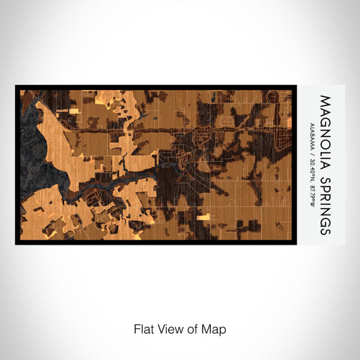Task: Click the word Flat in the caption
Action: [x=144, y=328]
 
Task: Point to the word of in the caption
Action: [x=195, y=328]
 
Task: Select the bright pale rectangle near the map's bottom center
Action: [x=204, y=217]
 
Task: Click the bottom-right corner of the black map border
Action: [x=295, y=244]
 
